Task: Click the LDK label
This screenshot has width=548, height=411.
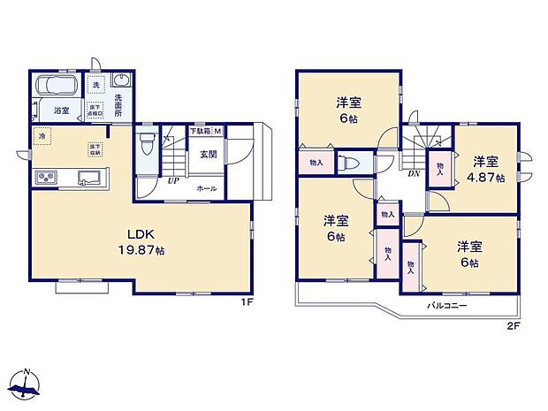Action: coord(141,235)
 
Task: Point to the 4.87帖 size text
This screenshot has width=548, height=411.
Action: coord(487,178)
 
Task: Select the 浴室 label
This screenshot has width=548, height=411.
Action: coord(61,110)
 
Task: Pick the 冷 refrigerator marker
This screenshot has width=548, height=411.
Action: coord(41,138)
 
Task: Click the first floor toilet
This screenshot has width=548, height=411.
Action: coord(147,141)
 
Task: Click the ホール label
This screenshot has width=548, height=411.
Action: coord(206,188)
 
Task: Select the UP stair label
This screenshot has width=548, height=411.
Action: coord(174,181)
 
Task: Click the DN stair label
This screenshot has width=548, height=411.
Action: coord(414,173)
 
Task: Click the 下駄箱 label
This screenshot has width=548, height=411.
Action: coord(201,132)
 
